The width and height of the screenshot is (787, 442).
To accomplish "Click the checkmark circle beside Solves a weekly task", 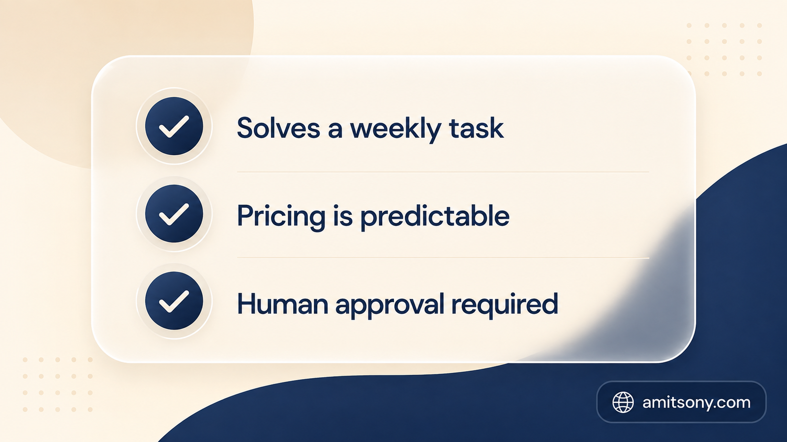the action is (174, 126).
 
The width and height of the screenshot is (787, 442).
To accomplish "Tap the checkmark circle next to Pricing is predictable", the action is (174, 214).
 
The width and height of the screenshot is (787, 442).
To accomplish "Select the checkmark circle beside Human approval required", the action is (174, 301).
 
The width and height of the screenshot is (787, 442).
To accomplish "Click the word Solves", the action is (278, 128).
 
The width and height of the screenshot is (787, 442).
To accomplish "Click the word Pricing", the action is (281, 217).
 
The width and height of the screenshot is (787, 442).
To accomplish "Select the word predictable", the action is (435, 217).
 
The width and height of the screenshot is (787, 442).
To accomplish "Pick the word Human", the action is (283, 304).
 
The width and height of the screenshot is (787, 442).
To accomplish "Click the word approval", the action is (390, 305).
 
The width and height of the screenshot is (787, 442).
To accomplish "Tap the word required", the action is (505, 305).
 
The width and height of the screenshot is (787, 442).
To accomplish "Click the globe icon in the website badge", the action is (623, 402).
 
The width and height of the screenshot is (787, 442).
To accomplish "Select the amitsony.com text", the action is (696, 403).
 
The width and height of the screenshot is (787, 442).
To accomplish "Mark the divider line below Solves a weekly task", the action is (443, 172).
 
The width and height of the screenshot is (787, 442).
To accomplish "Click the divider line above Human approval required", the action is (443, 258).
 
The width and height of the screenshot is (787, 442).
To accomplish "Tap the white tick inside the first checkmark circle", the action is (174, 126).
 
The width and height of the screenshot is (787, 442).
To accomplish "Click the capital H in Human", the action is (247, 304).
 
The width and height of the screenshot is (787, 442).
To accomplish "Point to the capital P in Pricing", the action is (245, 216).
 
